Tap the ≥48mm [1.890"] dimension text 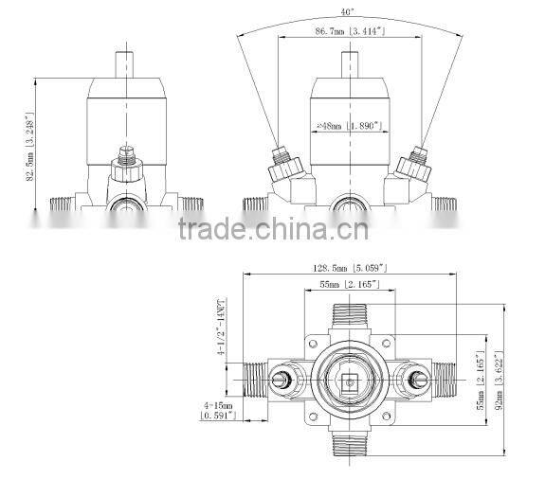(348, 124)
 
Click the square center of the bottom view (349, 383)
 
